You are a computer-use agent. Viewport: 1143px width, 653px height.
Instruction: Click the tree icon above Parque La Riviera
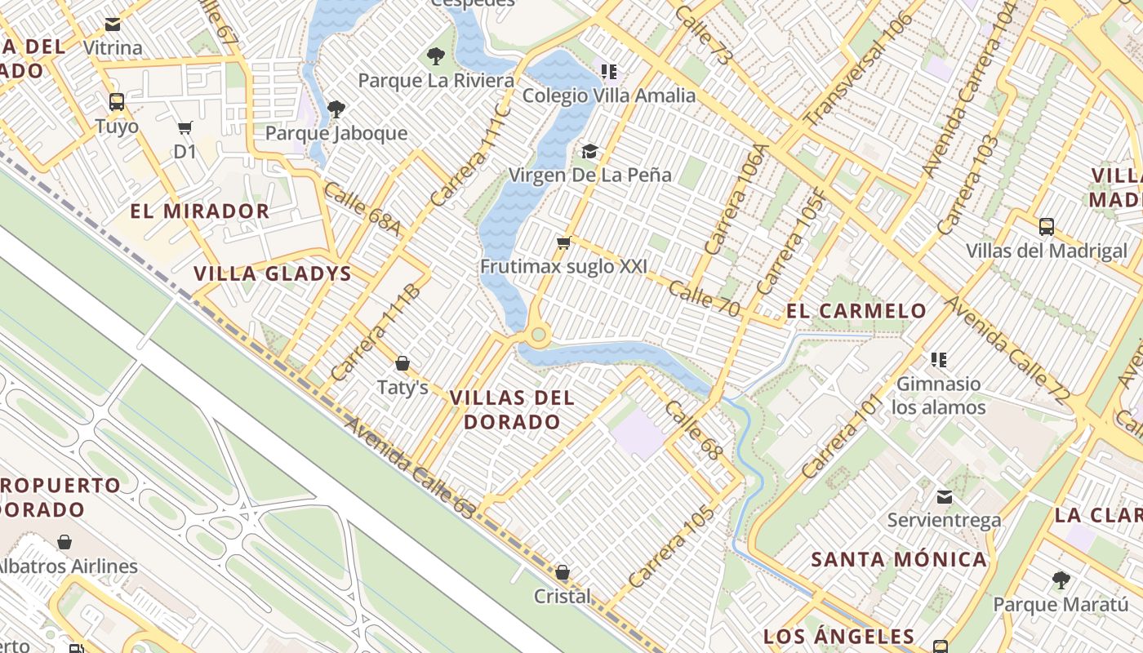click(436, 56)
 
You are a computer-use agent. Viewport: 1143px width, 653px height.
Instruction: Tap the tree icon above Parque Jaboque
click(336, 109)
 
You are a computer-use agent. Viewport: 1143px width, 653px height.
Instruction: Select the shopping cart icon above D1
click(185, 127)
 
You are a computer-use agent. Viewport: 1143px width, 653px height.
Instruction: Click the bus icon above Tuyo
click(117, 102)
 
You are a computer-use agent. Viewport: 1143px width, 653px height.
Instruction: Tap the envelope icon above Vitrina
click(113, 24)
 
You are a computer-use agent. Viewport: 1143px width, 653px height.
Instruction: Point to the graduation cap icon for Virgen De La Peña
click(589, 151)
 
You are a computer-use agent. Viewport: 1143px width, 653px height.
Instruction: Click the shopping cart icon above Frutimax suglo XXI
click(563, 242)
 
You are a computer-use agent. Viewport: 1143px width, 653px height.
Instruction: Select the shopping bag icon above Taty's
click(402, 363)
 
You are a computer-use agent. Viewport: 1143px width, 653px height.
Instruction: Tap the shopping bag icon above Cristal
click(562, 572)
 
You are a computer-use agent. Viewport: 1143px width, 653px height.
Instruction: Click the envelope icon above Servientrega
click(944, 496)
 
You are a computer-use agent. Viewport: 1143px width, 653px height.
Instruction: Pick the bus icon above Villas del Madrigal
click(1046, 226)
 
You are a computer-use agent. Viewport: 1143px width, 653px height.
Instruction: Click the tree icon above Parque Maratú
click(1061, 580)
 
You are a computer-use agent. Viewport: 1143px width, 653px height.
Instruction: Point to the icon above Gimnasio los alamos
click(939, 359)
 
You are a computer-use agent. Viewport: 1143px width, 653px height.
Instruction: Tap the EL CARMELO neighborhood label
click(856, 311)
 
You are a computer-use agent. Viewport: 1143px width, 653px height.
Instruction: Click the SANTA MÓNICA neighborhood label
click(898, 560)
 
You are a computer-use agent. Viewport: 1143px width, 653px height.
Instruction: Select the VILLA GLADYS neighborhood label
click(272, 273)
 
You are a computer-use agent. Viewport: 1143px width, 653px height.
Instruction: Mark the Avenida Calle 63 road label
click(409, 469)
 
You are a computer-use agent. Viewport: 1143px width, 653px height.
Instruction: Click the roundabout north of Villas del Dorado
click(537, 335)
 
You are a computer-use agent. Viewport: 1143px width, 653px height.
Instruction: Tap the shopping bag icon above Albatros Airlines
click(64, 542)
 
